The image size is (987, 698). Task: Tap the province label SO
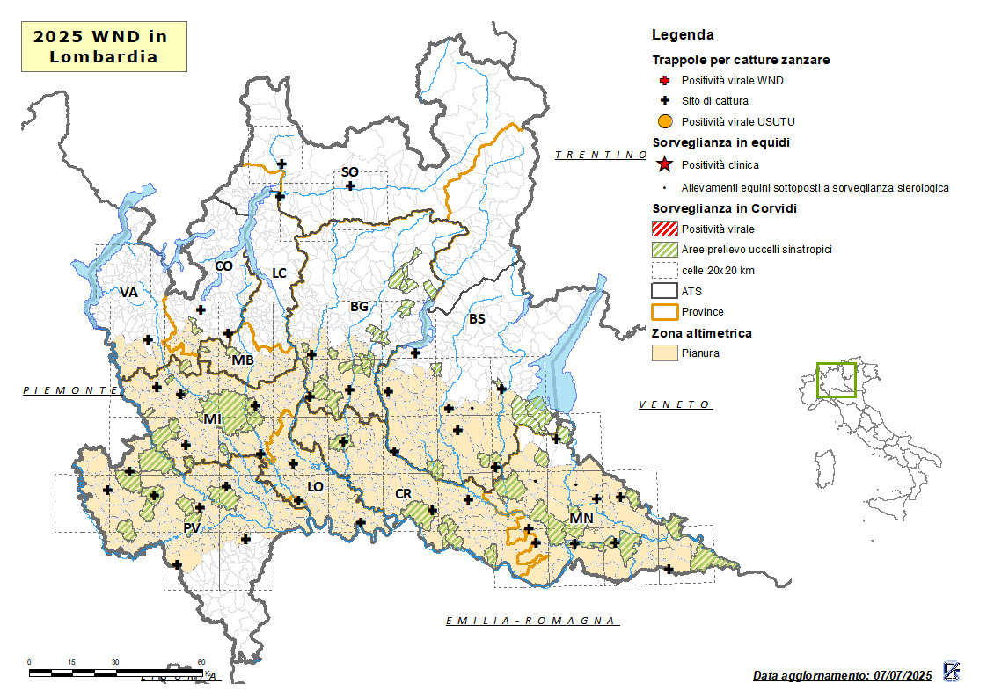(x=349, y=172)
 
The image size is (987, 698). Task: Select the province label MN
(x=581, y=519)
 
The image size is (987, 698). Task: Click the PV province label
(x=192, y=527)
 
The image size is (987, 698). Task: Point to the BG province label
(x=359, y=307)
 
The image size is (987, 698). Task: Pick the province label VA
(x=129, y=292)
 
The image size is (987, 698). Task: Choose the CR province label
(x=403, y=494)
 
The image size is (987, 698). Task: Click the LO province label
(x=315, y=486)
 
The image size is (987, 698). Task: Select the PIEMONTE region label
(x=70, y=389)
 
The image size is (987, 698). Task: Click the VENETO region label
(x=675, y=404)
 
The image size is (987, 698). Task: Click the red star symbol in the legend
(x=665, y=164)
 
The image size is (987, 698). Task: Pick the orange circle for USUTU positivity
(x=665, y=121)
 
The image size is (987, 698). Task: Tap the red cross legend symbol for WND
(x=665, y=81)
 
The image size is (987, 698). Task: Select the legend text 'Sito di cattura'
(x=714, y=101)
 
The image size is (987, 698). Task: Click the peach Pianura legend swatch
(x=665, y=353)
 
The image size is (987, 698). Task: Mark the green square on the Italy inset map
(x=836, y=380)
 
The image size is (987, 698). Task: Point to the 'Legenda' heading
(x=683, y=35)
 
